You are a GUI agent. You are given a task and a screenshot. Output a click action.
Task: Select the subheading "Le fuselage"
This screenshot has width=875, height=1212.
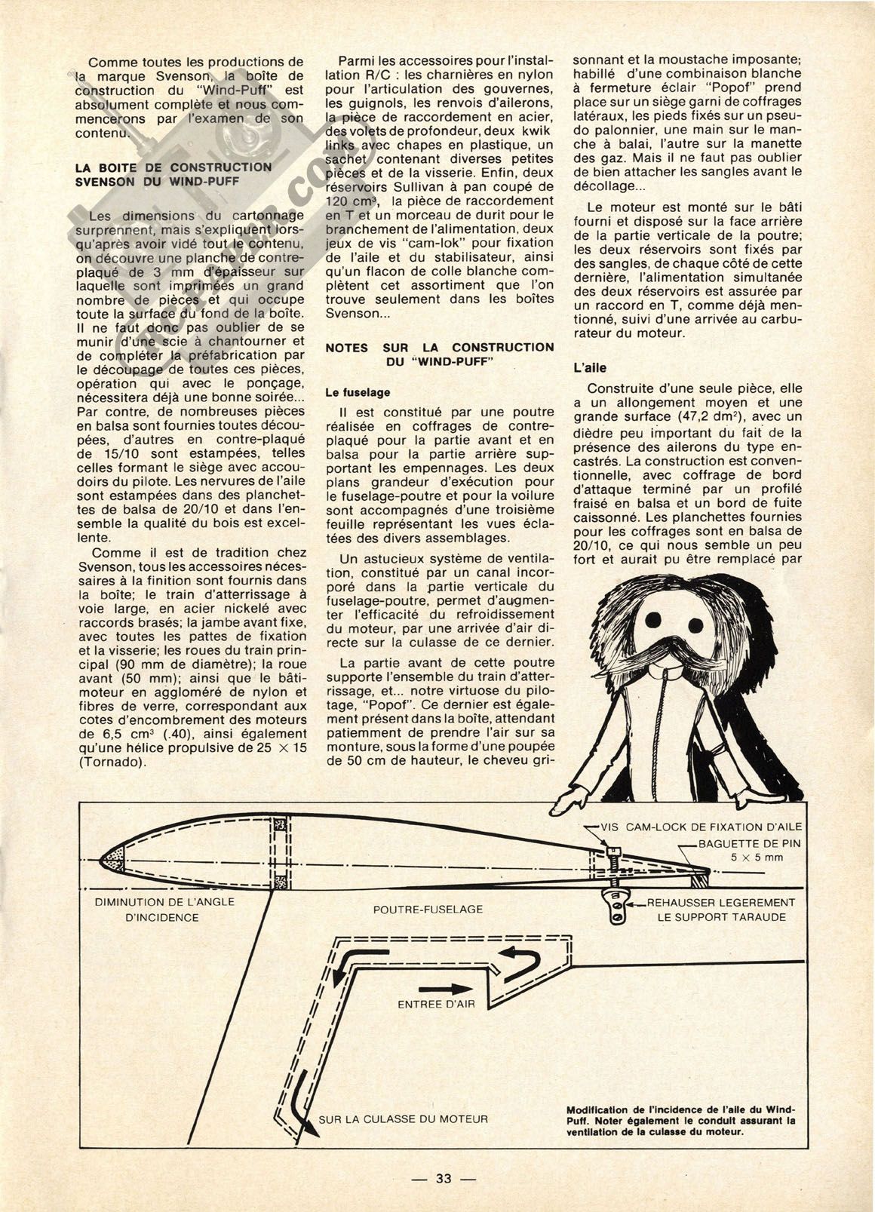pyautogui.click(x=358, y=392)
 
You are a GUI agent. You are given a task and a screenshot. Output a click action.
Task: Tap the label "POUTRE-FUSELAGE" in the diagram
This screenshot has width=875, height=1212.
pyautogui.click(x=428, y=910)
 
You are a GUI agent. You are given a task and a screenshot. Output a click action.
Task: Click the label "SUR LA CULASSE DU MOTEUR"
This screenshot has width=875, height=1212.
pyautogui.click(x=403, y=1118)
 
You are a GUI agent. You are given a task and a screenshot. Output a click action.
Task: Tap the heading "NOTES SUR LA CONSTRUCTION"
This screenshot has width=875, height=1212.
pyautogui.click(x=439, y=347)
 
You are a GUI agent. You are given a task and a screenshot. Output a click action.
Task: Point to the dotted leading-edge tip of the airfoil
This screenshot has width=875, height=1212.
pyautogui.click(x=116, y=855)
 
